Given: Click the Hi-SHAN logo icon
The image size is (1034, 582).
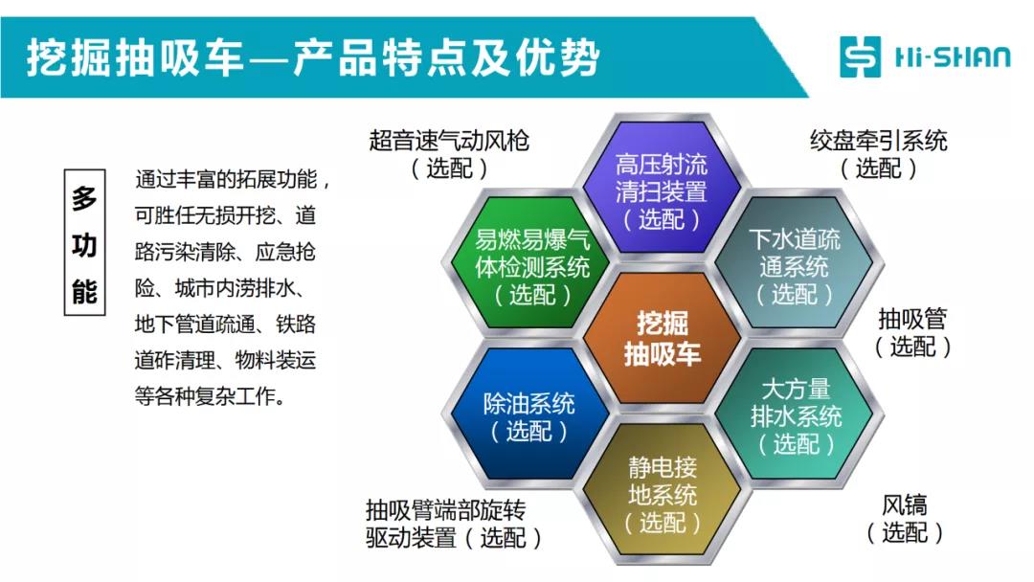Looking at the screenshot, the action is click(860, 56).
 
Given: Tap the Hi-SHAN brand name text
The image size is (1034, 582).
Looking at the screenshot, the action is click(953, 56).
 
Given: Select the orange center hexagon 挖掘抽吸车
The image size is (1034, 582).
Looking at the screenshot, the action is click(663, 338).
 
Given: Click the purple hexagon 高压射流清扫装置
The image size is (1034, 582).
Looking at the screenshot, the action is click(662, 186).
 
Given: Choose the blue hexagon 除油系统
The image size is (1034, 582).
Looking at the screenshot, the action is click(528, 414).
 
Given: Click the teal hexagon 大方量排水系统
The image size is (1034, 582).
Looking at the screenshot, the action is click(796, 414).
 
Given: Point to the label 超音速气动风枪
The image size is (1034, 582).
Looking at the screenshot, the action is click(449, 141).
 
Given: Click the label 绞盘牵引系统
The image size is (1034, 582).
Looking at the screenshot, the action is click(878, 141).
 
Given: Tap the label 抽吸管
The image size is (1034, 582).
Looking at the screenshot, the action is click(912, 319).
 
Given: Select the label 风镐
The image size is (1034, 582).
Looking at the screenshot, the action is click(905, 505).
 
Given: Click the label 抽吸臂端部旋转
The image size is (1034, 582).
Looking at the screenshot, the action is click(446, 510).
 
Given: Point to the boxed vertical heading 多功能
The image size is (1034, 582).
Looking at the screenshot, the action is click(84, 242).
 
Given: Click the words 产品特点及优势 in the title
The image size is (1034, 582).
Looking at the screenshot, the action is click(447, 57).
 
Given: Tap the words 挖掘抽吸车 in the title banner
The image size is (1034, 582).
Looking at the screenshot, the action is click(135, 57).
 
